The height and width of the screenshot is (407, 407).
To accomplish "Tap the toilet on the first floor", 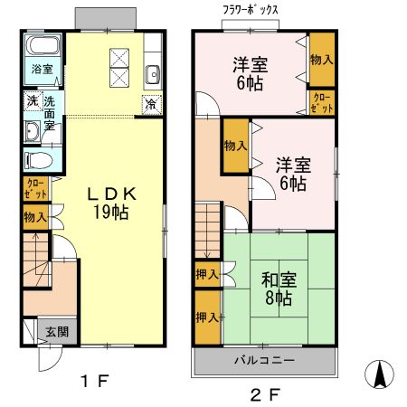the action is click(38, 160).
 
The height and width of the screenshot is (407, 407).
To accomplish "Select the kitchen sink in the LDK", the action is click(153, 74).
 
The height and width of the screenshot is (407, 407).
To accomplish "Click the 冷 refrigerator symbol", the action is click(152, 105).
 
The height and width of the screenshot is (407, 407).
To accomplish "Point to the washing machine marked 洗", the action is click(33, 101).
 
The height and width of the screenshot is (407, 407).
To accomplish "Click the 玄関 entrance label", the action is click(57, 332).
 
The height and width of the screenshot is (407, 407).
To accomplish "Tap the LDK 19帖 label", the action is click(111, 203).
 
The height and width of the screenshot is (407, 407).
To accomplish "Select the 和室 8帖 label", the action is click(279, 289).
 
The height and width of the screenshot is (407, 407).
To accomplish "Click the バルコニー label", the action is click(264, 360).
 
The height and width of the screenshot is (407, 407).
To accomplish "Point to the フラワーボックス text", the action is click(251, 10).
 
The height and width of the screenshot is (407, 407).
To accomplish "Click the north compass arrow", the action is click(380, 374).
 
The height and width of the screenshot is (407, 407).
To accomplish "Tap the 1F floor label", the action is click(94, 382).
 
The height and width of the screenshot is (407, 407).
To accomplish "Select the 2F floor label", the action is click(265, 395).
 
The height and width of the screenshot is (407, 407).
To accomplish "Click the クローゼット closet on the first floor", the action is click(36, 189).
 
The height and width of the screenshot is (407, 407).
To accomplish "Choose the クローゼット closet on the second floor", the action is click(322, 103).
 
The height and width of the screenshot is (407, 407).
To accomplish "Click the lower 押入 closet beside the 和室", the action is click(207, 317).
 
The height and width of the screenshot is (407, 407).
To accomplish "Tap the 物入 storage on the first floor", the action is click(36, 217).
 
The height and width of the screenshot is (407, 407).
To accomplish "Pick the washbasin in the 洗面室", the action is click(32, 131).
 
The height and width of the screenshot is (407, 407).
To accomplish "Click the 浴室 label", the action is click(43, 69).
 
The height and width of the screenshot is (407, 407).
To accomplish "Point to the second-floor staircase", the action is click(207, 231).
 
